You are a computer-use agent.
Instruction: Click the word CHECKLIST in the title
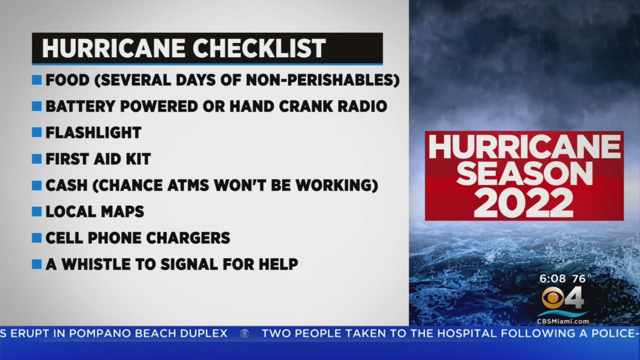[259, 48]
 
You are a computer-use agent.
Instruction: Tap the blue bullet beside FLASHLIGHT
[37, 132]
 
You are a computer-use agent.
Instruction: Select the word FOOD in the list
[67, 80]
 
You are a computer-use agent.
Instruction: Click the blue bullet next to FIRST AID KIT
[37, 159]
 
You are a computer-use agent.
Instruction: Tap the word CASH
[66, 185]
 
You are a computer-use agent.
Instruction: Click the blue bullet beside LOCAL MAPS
[37, 211]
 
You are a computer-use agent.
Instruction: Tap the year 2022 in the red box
[523, 203]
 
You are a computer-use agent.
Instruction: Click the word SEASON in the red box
[524, 173]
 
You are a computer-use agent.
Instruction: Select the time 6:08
[552, 278]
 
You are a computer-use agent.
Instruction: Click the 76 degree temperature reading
[581, 278]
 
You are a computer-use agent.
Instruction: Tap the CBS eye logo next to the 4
[553, 298]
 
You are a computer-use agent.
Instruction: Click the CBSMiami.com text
[563, 321]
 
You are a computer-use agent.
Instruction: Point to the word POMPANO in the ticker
[99, 333]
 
